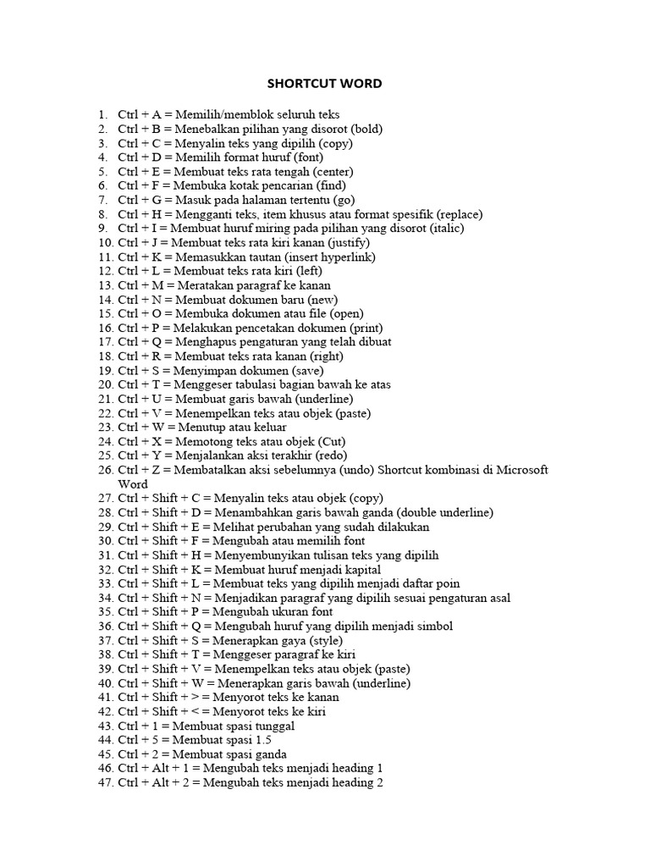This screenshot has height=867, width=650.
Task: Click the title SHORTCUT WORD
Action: coord(325,83)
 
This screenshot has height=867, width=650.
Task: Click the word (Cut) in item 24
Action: coord(333,441)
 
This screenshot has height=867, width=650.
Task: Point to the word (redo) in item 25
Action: coord(339,456)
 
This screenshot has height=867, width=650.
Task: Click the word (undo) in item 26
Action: coord(360,470)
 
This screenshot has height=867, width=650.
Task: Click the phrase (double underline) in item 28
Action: coord(444,512)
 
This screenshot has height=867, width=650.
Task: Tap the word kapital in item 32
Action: coord(361,570)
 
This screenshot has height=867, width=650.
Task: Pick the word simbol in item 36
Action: coord(434,627)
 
